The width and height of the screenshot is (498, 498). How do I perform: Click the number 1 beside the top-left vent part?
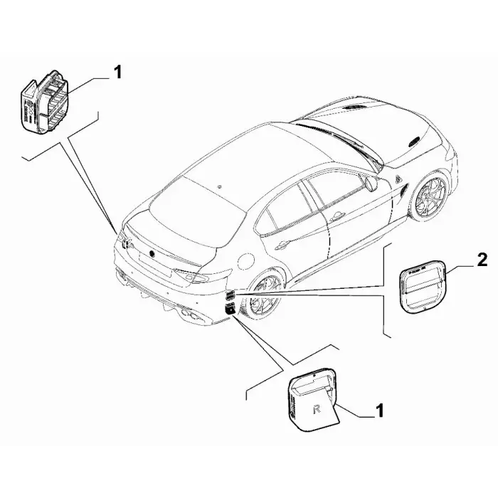[x=117, y=73]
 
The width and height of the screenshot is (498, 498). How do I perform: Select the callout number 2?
[x=482, y=260]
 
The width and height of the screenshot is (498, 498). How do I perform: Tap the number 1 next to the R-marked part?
[x=379, y=410]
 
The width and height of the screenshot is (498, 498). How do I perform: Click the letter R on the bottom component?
[x=317, y=409]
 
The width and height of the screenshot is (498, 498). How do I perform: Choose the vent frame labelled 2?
[x=423, y=287]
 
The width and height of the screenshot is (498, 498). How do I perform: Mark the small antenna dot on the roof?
[x=220, y=186]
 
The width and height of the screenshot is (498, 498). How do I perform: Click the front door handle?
[x=338, y=217]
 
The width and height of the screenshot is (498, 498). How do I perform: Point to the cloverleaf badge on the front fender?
[x=398, y=179]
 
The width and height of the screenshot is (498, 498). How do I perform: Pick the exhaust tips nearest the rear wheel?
[x=191, y=315]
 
